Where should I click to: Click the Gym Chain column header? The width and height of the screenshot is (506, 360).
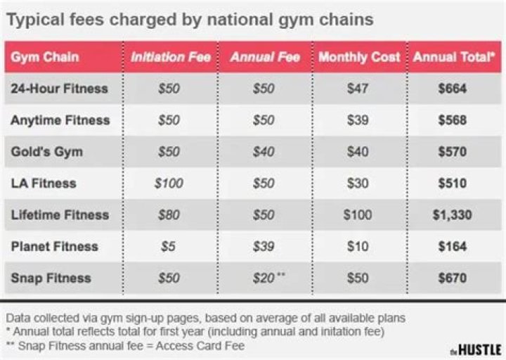coord(44,57)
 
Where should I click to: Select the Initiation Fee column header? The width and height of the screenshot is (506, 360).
coord(171,57)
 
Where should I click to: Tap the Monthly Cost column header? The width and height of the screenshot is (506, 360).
coord(359,57)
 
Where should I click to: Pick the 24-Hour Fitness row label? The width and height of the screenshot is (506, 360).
coord(59,89)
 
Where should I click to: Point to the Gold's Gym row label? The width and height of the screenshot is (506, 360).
coord(46,152)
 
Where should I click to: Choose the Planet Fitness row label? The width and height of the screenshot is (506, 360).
coord(54,247)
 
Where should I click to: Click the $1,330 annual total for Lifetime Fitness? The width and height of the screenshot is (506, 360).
coord(452,215)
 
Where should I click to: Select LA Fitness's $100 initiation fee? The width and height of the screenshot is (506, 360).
coord(169,184)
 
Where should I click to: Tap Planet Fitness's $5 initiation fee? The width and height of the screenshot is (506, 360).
coord(169,247)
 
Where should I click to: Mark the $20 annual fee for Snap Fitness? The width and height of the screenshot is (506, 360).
coord(263,278)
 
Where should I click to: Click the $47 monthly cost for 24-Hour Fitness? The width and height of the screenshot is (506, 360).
coord(358,89)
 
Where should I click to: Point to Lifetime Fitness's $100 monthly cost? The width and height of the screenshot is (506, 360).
coord(358,215)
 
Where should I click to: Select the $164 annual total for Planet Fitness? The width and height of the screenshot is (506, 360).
coord(452,247)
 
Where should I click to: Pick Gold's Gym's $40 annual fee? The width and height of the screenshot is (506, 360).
coord(264,152)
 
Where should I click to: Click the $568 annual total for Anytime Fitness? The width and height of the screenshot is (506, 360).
coord(452,120)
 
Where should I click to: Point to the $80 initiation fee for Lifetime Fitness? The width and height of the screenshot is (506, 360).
coord(169,215)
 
